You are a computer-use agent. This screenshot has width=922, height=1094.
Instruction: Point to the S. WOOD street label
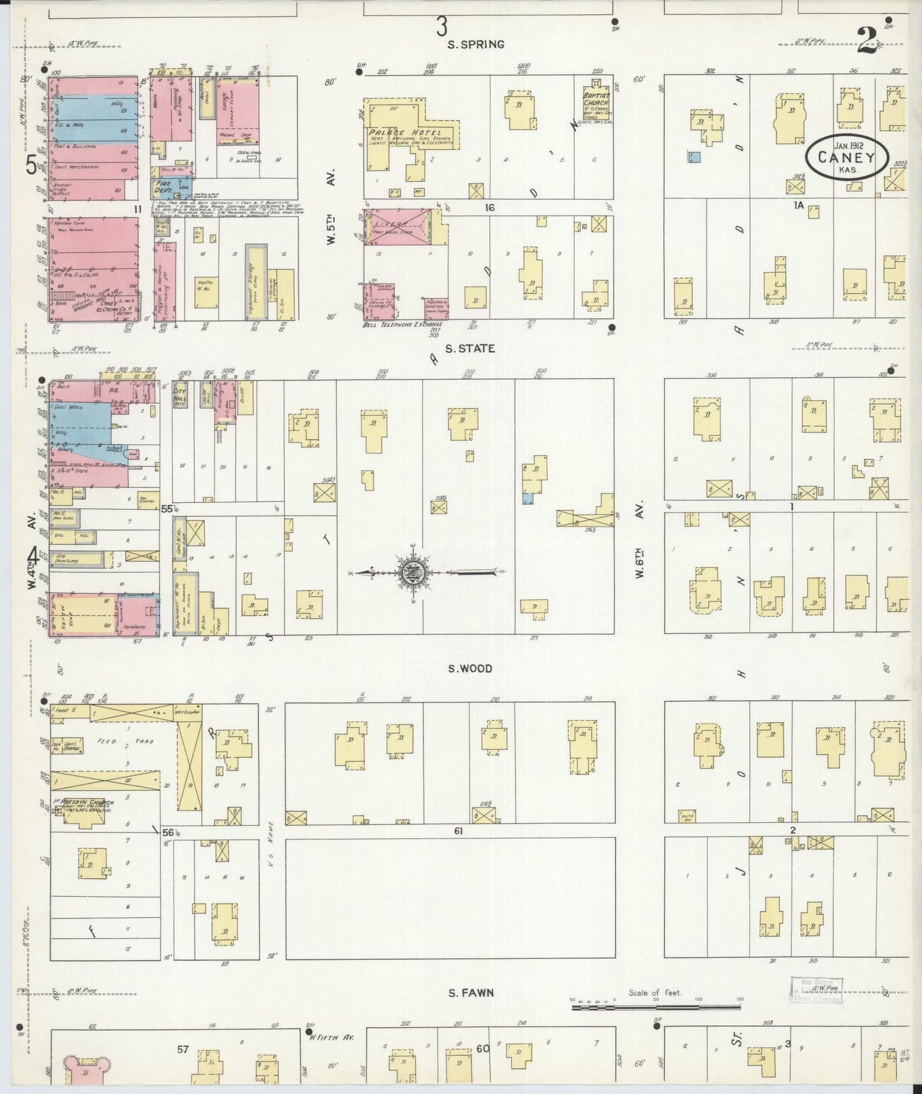tap(470, 668)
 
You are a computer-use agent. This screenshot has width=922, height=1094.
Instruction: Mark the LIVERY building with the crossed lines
tap(399, 226)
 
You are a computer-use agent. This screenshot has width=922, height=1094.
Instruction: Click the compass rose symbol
tap(410, 572)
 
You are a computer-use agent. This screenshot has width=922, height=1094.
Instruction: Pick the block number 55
tap(167, 509)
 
